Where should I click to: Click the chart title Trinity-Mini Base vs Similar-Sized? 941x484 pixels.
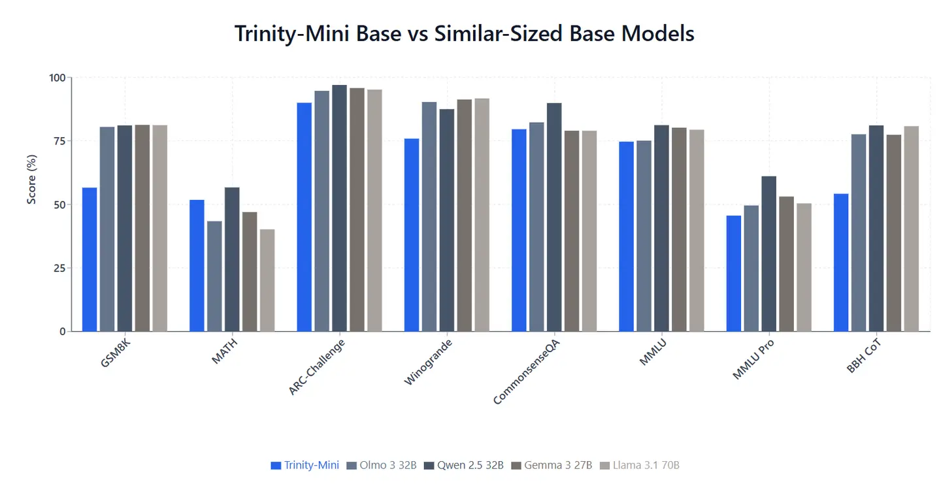pyautogui.click(x=464, y=34)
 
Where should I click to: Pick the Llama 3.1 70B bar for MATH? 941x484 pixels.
pyautogui.click(x=267, y=280)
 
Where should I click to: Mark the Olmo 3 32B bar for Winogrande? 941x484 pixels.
pyautogui.click(x=429, y=216)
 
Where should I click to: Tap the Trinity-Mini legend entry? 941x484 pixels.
pyautogui.click(x=305, y=465)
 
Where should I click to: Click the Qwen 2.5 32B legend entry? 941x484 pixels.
pyautogui.click(x=464, y=465)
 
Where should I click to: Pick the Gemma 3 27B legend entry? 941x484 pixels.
pyautogui.click(x=552, y=465)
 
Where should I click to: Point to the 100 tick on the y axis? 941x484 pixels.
pyautogui.click(x=58, y=78)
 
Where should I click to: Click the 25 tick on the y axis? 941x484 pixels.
pyautogui.click(x=60, y=268)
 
